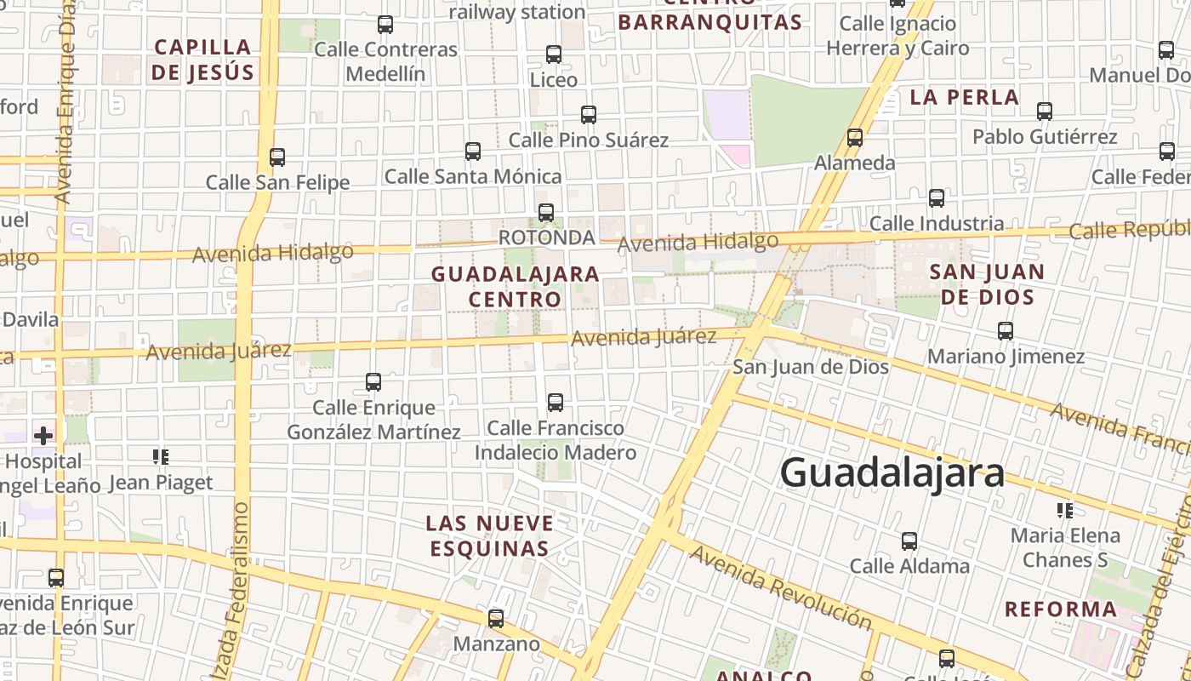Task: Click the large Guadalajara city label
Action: click(x=892, y=472)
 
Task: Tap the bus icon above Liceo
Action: click(x=554, y=54)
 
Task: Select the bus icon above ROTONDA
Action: click(x=546, y=212)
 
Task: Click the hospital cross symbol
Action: click(x=43, y=436)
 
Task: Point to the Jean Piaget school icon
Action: click(x=160, y=457)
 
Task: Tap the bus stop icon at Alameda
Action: click(x=855, y=137)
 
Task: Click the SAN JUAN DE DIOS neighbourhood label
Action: click(x=987, y=284)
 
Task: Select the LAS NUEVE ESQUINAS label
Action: click(x=490, y=535)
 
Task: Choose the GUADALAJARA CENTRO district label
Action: click(x=516, y=287)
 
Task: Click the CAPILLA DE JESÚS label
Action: click(x=203, y=59)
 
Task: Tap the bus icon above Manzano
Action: click(x=496, y=619)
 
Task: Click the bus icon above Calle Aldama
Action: click(x=909, y=541)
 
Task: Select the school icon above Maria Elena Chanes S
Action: click(x=1064, y=510)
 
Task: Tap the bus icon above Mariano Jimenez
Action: click(x=1006, y=330)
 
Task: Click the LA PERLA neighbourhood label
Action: click(x=965, y=97)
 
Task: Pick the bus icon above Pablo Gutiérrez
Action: click(x=1045, y=111)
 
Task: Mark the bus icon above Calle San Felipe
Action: click(x=277, y=157)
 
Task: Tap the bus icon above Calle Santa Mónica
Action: click(x=473, y=152)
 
